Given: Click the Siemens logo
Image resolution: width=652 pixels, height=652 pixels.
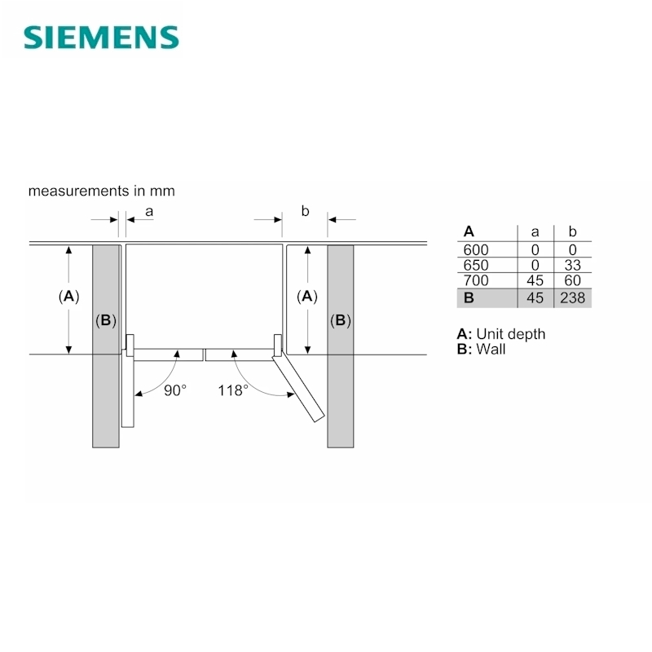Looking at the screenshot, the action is coord(101,37).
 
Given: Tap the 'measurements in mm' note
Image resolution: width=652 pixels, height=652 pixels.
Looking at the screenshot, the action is coord(101,191).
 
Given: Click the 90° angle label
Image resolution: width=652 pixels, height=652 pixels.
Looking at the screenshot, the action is coord(175,390).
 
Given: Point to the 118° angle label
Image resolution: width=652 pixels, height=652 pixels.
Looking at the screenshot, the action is coord(233,390).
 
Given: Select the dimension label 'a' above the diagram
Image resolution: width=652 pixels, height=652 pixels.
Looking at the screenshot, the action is coord(149,212).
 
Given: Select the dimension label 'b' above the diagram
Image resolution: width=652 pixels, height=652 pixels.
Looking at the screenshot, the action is coord(305,211).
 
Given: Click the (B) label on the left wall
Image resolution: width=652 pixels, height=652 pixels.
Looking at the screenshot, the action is coord(106,320).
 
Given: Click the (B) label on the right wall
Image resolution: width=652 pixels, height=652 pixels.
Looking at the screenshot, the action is coord(341,320).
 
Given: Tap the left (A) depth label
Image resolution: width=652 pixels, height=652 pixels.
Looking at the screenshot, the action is coord(68,297).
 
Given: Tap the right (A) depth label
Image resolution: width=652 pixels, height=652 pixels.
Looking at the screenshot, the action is coord(307,297).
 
